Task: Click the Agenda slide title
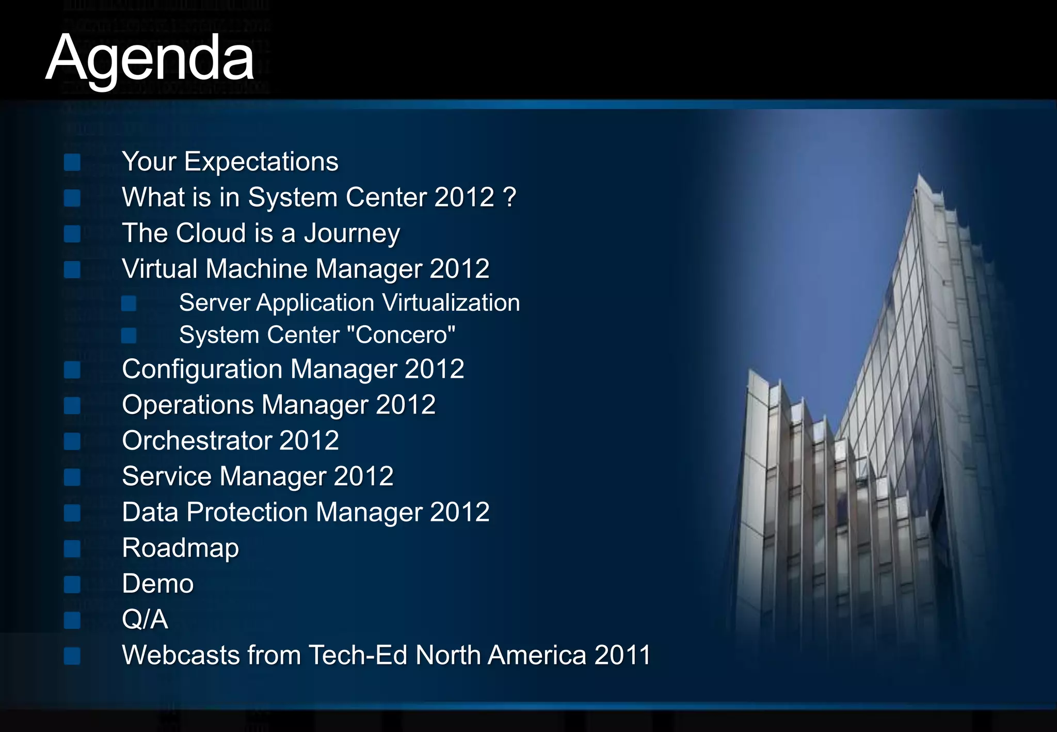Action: (150, 58)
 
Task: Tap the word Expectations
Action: (261, 162)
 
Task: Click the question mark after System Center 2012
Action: (509, 197)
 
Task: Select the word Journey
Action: (351, 233)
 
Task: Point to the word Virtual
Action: (159, 269)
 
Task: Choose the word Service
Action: (166, 476)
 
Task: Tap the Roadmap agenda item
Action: (180, 548)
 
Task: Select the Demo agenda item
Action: (157, 584)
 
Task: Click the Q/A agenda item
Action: (145, 619)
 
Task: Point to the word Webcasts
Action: (181, 656)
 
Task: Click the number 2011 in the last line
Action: (622, 656)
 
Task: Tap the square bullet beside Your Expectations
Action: (72, 163)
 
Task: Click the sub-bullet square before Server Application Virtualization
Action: (129, 304)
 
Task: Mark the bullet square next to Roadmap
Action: (72, 549)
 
